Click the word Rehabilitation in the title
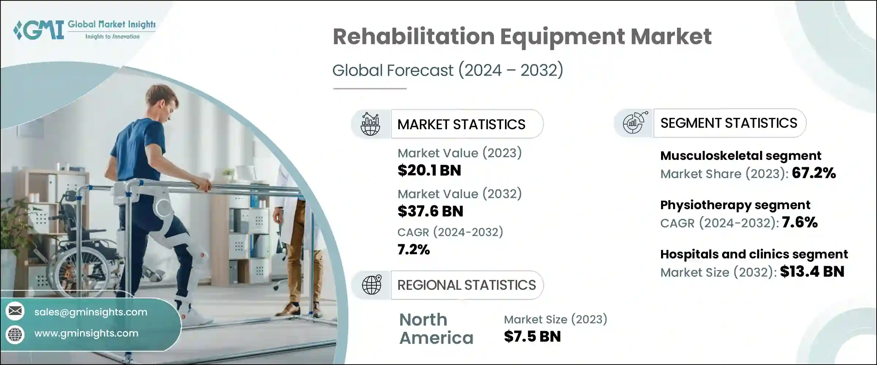point(413,36)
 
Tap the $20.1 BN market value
point(429,170)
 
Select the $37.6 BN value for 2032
point(430,211)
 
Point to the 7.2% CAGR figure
point(413,250)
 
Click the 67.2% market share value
point(814,173)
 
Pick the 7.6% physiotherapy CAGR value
point(800,222)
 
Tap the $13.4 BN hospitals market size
point(812,272)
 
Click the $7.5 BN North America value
point(532,337)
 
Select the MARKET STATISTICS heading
point(461,124)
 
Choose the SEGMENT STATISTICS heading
point(729,123)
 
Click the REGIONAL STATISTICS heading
point(467,285)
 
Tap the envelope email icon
point(15,311)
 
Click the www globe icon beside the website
point(15,334)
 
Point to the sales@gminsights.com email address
point(91,312)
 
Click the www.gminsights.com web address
point(86,333)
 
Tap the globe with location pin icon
point(371,285)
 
